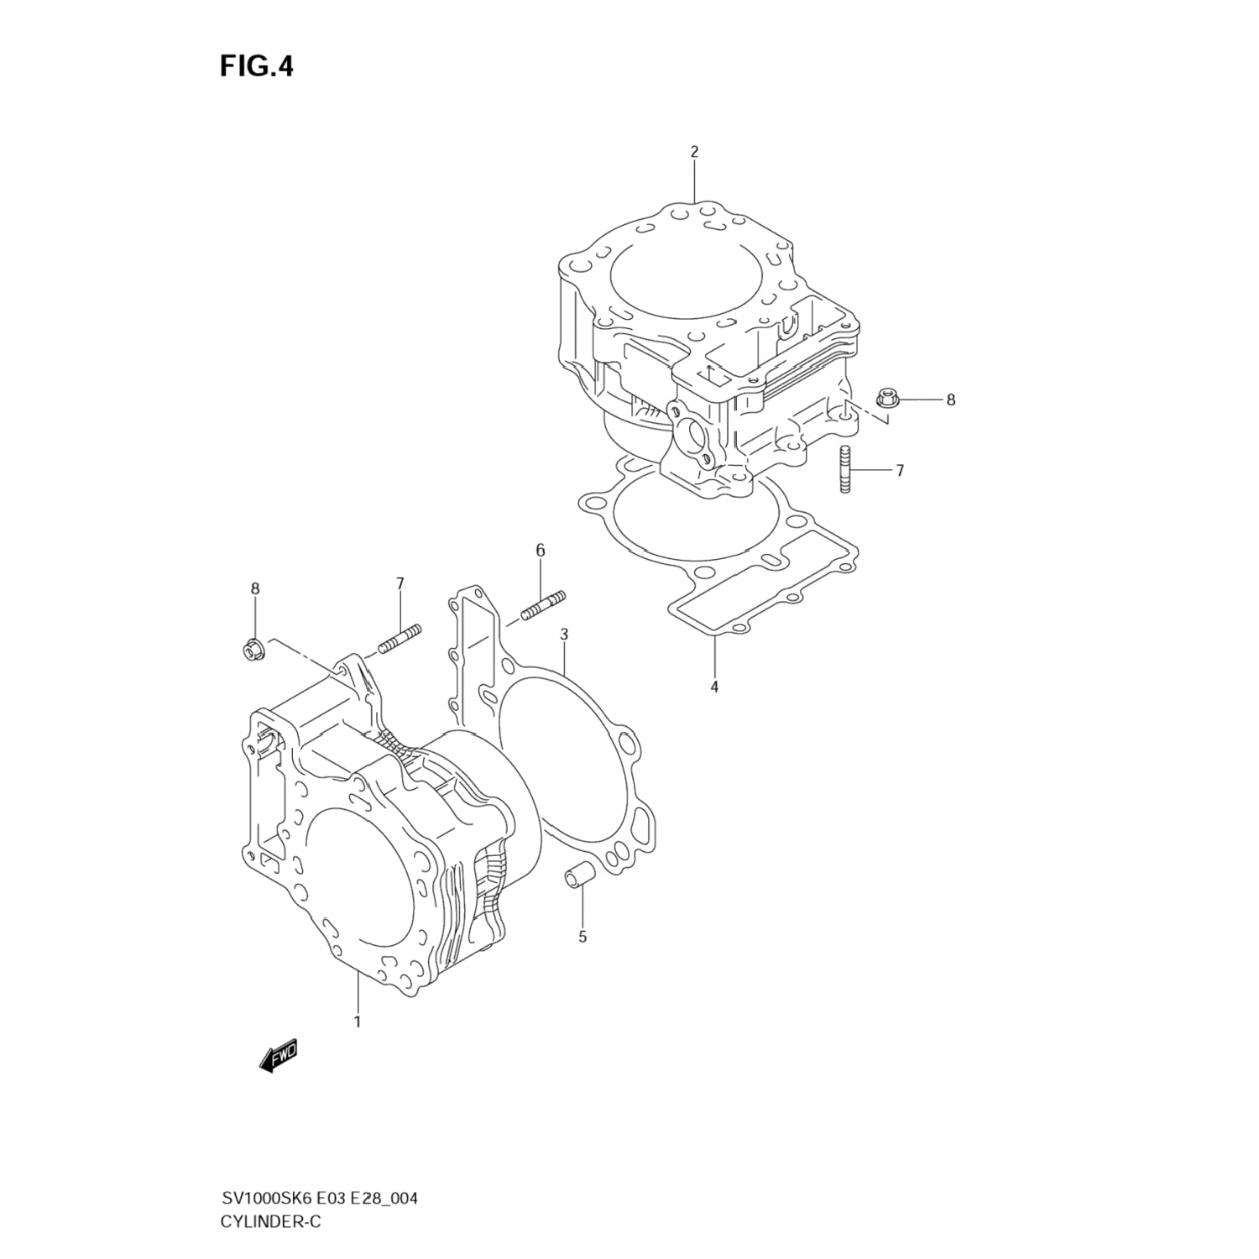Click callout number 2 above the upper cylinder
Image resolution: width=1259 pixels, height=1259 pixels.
point(694,152)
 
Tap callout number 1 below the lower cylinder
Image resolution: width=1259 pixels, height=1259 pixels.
point(358,1021)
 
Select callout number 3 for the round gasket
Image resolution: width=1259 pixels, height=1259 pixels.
point(564,635)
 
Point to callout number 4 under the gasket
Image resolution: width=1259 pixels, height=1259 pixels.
point(714,687)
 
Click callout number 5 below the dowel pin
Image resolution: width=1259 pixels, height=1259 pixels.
point(582,937)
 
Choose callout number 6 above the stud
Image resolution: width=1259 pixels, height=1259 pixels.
point(541,551)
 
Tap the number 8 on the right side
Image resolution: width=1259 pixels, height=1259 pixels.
point(951,400)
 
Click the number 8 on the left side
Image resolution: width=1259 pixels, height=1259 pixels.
point(255,589)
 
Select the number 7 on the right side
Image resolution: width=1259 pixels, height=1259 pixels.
point(900,471)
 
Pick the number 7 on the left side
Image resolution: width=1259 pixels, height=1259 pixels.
point(400,582)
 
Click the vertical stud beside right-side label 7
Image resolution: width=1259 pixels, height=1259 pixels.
point(845,471)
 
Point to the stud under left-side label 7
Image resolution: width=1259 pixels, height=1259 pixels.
point(399,639)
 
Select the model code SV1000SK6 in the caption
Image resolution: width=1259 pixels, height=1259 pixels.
point(262,1196)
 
